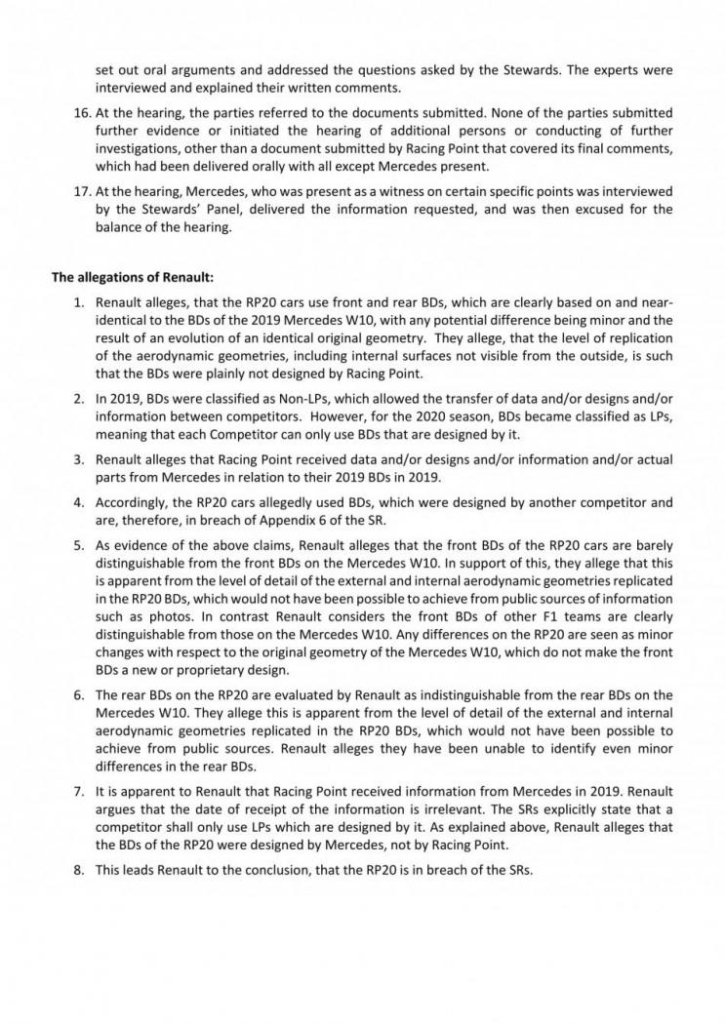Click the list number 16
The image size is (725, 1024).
click(x=85, y=114)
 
